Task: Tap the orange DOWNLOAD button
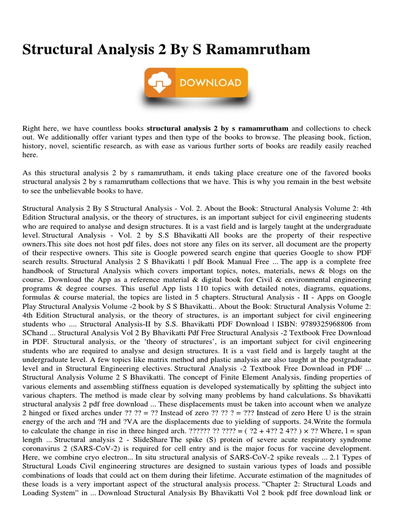(x=196, y=83)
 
